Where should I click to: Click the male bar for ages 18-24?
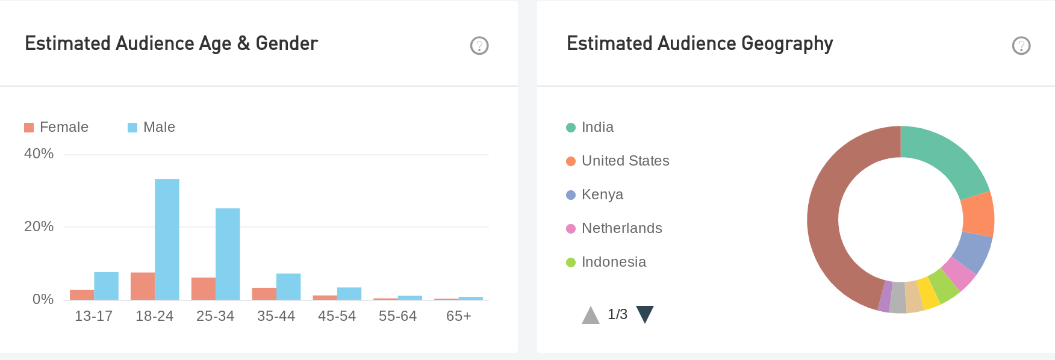tap(167, 239)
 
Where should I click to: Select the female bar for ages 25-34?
tap(204, 288)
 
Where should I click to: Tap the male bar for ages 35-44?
tap(288, 287)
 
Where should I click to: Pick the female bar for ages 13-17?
tap(82, 294)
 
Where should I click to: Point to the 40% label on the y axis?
tap(39, 154)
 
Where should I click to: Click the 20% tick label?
tap(39, 226)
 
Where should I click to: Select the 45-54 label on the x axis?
tap(337, 316)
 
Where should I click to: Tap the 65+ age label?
tap(458, 316)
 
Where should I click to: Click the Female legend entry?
tap(57, 127)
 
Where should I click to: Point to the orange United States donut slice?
tap(978, 214)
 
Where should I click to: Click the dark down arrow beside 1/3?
tap(645, 314)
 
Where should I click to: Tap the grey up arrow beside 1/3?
tap(591, 315)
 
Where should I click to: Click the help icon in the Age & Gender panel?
tap(479, 45)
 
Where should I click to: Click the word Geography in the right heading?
tap(787, 44)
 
